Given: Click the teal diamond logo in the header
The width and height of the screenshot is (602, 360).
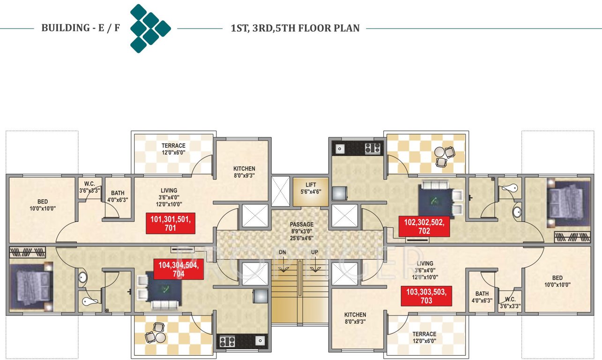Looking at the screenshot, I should tap(150, 28).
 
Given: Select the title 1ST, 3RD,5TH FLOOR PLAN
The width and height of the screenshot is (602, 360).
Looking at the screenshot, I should tap(295, 28).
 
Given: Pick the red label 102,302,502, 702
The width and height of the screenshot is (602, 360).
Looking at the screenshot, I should tap(424, 226).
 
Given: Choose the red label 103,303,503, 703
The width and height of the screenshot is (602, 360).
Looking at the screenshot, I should tap(426, 296).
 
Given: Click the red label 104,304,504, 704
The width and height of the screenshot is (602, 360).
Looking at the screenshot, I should tap(178, 269).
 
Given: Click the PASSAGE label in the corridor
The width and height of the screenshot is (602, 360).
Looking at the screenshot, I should tap(301, 225).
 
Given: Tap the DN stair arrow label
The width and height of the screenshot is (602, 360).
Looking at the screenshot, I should tap(282, 253).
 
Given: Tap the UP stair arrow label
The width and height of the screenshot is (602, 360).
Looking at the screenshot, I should tap(315, 253).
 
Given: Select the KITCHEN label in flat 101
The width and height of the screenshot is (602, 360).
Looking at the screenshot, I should tap(244, 169).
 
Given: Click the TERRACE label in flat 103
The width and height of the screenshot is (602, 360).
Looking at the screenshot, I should tap(424, 334).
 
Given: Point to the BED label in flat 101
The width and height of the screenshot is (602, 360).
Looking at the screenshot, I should tap(43, 202).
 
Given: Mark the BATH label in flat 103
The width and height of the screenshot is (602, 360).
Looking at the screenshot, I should tap(482, 294).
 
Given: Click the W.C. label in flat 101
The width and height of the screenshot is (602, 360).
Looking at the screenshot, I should tap(90, 184).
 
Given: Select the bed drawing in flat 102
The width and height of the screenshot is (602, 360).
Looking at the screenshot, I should tap(567, 201).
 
